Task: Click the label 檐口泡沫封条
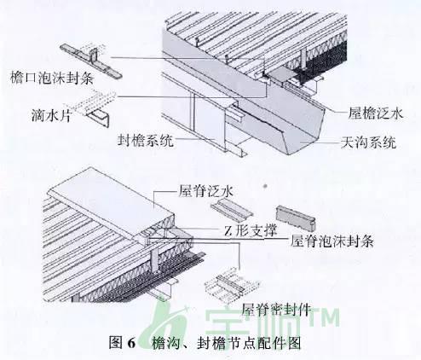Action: (52, 78)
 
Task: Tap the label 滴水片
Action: (51, 115)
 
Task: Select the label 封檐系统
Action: (146, 141)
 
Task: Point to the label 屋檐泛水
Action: (376, 113)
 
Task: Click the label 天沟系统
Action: (369, 142)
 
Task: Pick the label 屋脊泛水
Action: (206, 191)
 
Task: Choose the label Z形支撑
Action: (251, 230)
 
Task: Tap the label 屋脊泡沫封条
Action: (332, 241)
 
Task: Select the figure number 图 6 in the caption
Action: (123, 343)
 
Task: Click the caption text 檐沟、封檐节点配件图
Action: (226, 343)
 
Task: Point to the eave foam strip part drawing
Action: (91, 61)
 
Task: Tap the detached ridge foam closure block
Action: (296, 218)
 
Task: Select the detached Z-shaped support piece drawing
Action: (231, 209)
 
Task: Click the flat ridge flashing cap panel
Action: (111, 202)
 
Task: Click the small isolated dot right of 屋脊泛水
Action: (265, 186)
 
